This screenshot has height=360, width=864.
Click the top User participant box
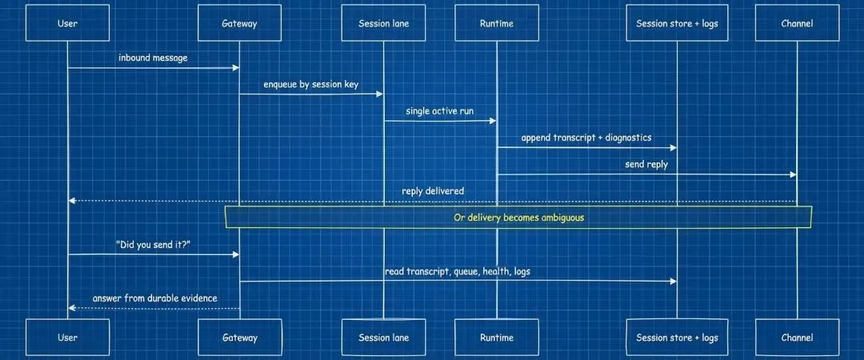click(x=68, y=23)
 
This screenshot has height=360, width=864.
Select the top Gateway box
click(x=239, y=23)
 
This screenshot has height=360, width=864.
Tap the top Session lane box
click(x=384, y=23)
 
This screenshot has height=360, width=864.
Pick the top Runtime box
click(x=496, y=23)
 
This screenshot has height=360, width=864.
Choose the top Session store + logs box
click(x=677, y=23)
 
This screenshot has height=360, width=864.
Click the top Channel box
click(x=797, y=23)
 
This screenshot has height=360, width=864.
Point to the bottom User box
click(x=68, y=338)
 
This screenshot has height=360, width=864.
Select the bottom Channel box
click(x=797, y=338)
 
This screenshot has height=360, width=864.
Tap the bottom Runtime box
click(x=496, y=338)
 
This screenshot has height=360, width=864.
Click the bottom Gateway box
click(x=239, y=338)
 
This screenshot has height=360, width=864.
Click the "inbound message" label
click(x=153, y=58)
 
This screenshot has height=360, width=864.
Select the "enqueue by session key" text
click(x=311, y=84)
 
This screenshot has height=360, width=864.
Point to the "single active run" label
click(x=439, y=111)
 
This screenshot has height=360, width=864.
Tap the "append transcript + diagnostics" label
click(x=586, y=138)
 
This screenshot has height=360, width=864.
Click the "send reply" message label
click(x=646, y=164)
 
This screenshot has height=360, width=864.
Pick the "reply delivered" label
click(x=433, y=191)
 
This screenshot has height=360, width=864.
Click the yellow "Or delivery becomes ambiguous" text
click(x=518, y=217)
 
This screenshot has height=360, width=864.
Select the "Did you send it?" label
click(x=153, y=245)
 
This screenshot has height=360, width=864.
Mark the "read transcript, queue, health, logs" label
click(x=457, y=271)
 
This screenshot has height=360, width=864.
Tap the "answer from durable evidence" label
click(x=154, y=298)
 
